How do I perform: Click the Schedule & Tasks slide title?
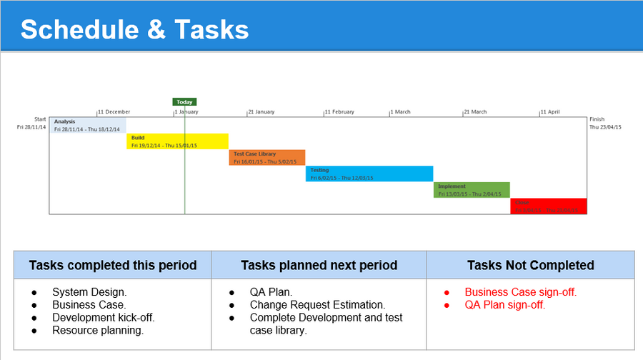134,29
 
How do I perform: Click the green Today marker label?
184,101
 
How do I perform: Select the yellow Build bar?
177,141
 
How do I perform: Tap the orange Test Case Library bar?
266,157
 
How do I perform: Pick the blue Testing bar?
369,174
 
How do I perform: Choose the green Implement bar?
472,190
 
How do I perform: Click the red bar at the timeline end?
548,206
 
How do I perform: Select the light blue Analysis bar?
88,125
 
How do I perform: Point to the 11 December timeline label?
114,112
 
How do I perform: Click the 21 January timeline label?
261,112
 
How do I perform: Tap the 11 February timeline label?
339,112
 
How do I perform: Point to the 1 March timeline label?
401,112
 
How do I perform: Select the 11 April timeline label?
550,112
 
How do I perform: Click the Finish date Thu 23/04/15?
606,127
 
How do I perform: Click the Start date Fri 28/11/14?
31,127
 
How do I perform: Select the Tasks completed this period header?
112,265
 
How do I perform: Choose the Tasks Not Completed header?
530,265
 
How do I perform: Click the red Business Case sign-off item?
520,292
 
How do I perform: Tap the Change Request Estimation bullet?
317,305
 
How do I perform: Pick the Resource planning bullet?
98,330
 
